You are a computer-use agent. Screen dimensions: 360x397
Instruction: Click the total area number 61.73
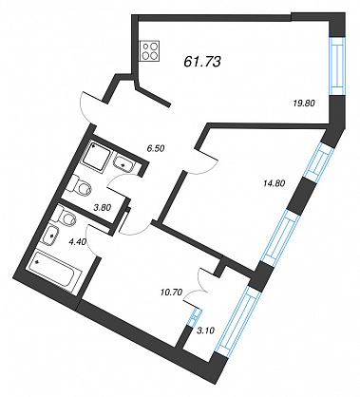[x=201, y=62]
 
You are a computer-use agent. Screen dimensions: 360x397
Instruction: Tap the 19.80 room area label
[x=305, y=103]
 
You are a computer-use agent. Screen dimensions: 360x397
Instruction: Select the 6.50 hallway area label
[x=155, y=147]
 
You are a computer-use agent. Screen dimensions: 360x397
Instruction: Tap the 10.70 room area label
[x=171, y=293]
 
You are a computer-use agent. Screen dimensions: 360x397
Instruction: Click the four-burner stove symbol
[x=150, y=51]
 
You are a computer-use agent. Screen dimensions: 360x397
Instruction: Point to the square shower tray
[x=98, y=156]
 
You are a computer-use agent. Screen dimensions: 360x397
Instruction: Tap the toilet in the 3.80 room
[x=80, y=187]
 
